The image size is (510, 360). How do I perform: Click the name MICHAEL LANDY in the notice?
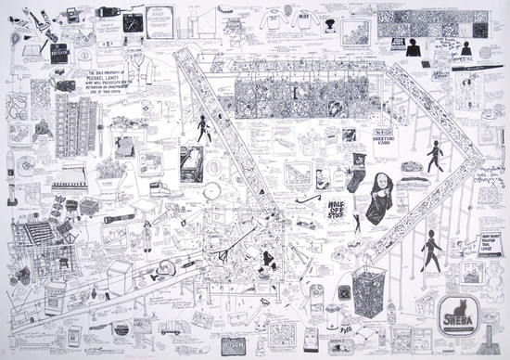tap(117, 83)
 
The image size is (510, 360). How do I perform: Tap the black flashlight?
tap(119, 221)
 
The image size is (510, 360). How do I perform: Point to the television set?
tap(193, 160)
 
